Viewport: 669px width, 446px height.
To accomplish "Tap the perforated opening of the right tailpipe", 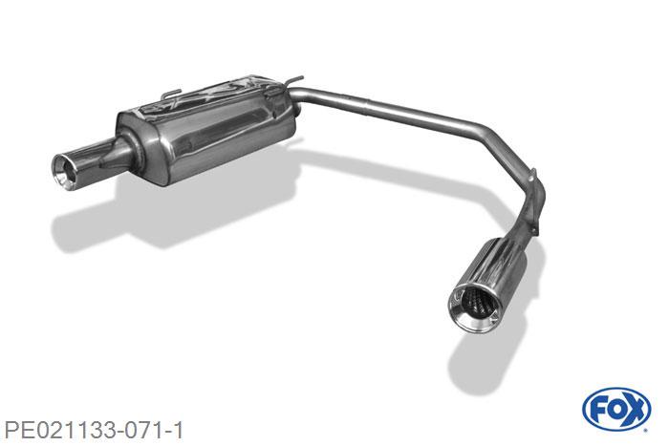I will click(473, 306).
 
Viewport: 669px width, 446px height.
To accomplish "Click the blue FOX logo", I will click(615, 409).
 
